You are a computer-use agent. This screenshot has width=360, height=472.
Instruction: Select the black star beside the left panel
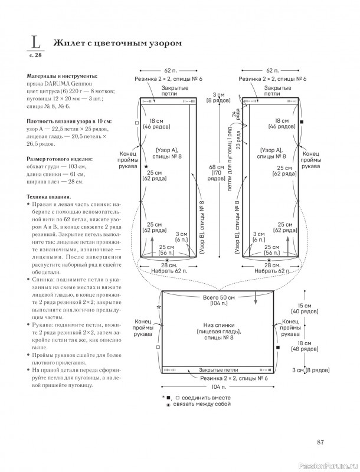146,166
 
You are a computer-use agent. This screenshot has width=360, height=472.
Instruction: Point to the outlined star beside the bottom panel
159,307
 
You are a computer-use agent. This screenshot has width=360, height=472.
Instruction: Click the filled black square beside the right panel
302,122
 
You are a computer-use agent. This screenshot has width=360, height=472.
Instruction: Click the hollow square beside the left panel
137,123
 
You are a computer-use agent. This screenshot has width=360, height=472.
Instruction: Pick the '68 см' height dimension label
217,167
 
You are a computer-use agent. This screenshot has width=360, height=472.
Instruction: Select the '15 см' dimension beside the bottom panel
305,306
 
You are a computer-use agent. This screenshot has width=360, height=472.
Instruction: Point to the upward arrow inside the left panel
152,247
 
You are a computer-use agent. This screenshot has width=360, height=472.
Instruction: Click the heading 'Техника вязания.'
49,197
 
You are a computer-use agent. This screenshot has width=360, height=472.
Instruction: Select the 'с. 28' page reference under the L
35,55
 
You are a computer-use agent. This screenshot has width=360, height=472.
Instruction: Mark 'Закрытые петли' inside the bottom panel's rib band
218,370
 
